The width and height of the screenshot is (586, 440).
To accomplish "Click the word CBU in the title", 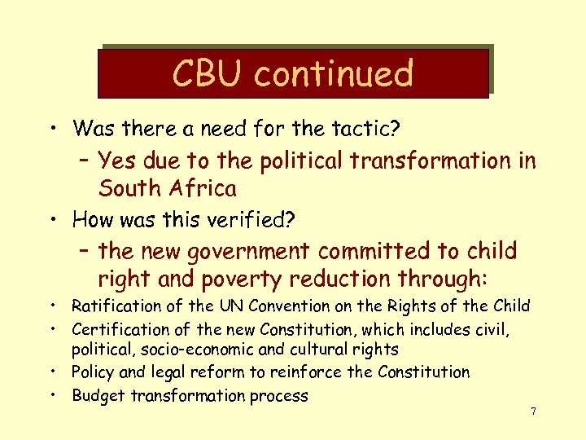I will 208,73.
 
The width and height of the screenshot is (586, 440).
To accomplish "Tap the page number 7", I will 533,411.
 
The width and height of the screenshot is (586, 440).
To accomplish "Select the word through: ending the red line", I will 443,279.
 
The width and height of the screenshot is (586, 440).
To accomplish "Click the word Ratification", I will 116,306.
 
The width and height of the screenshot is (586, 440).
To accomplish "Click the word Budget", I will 97,396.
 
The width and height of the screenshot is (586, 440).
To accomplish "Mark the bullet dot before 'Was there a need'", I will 52,129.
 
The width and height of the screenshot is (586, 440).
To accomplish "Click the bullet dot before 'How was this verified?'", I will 52,220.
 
